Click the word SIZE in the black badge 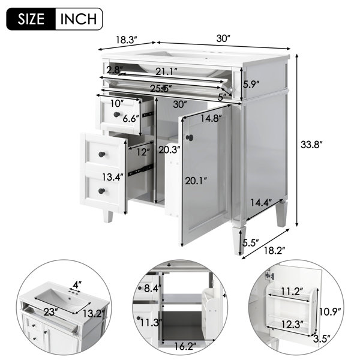(x=31, y=19)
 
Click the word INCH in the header (x=78, y=19)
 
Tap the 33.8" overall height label (x=311, y=145)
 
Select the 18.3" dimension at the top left (x=126, y=40)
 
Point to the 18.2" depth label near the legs (x=274, y=251)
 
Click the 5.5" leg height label (x=251, y=242)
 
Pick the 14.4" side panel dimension (x=261, y=203)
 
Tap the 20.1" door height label (x=196, y=181)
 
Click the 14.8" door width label (x=211, y=118)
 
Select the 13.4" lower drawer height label (x=113, y=177)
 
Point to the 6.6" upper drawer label (x=131, y=119)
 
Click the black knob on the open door (x=190, y=138)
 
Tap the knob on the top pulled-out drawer (x=117, y=114)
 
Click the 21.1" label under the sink (x=166, y=71)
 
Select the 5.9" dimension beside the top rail (x=251, y=85)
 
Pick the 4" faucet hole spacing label (x=77, y=285)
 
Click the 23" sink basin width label (x=50, y=311)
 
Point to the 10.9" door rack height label (x=330, y=312)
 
